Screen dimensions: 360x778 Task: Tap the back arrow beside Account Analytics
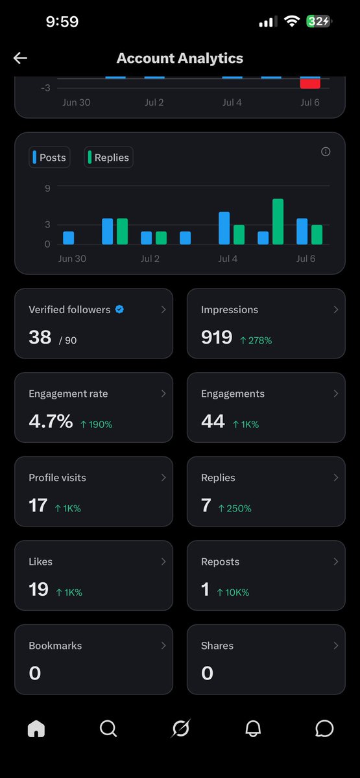coord(20,58)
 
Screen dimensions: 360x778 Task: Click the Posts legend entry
coord(49,158)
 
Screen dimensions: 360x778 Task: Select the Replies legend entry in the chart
coord(108,158)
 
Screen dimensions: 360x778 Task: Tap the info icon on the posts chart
coord(326,152)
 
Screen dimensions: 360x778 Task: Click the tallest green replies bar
coord(278,222)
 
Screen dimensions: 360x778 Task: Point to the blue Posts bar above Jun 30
coord(69,238)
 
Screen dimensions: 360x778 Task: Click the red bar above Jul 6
coord(310,84)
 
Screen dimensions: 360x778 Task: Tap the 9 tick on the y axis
coord(47,188)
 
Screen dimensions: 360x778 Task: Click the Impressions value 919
coord(217,337)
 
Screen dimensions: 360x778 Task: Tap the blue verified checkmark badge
coord(119,309)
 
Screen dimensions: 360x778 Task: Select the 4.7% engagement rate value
coord(51,421)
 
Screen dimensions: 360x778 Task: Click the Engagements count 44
coord(213,421)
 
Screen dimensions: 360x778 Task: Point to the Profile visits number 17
coord(38,505)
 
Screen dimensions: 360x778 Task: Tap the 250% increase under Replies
coord(235,508)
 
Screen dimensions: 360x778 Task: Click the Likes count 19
coord(38,589)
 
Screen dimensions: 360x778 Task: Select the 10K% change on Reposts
coord(233,593)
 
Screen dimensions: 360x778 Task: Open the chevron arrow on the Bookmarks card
coord(163,645)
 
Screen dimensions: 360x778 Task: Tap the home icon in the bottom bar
coord(36,728)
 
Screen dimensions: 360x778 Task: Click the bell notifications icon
coord(253,728)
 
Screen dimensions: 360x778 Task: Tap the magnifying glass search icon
coord(108,728)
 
